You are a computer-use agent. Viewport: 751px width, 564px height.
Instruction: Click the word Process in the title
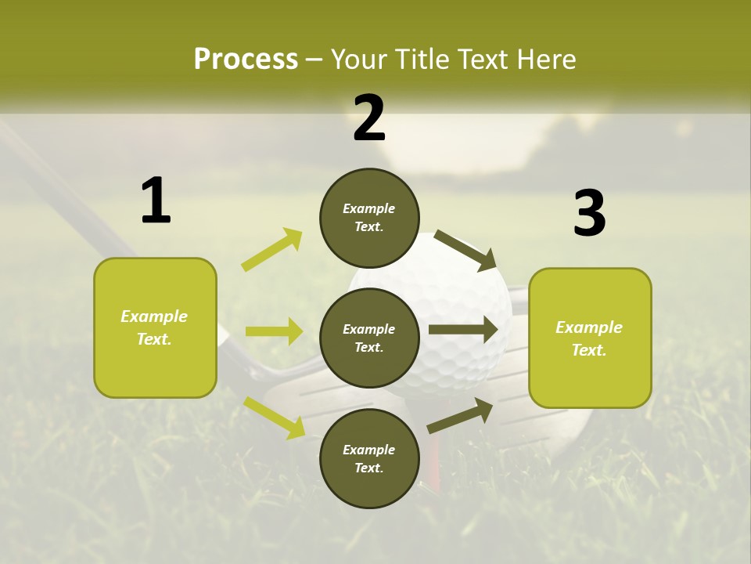[x=246, y=60]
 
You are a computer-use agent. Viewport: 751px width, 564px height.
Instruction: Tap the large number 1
[x=156, y=201]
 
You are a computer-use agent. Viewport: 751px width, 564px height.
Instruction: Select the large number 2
[x=369, y=118]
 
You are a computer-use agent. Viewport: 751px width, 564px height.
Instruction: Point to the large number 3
[x=589, y=214]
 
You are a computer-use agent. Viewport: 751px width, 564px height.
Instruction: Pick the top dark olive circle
[x=369, y=218]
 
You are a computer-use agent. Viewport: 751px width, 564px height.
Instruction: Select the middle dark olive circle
[x=369, y=338]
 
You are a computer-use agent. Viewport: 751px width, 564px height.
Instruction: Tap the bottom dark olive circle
[x=369, y=459]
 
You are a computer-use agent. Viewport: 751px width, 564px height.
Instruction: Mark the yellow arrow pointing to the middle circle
[x=274, y=331]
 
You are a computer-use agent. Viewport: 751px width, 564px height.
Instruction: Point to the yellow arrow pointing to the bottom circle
[x=274, y=417]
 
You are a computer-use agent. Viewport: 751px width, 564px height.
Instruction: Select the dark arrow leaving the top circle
[x=465, y=249]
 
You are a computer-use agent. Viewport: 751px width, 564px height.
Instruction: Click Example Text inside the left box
[x=155, y=327]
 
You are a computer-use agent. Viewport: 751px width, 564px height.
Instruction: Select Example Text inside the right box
[x=589, y=338]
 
